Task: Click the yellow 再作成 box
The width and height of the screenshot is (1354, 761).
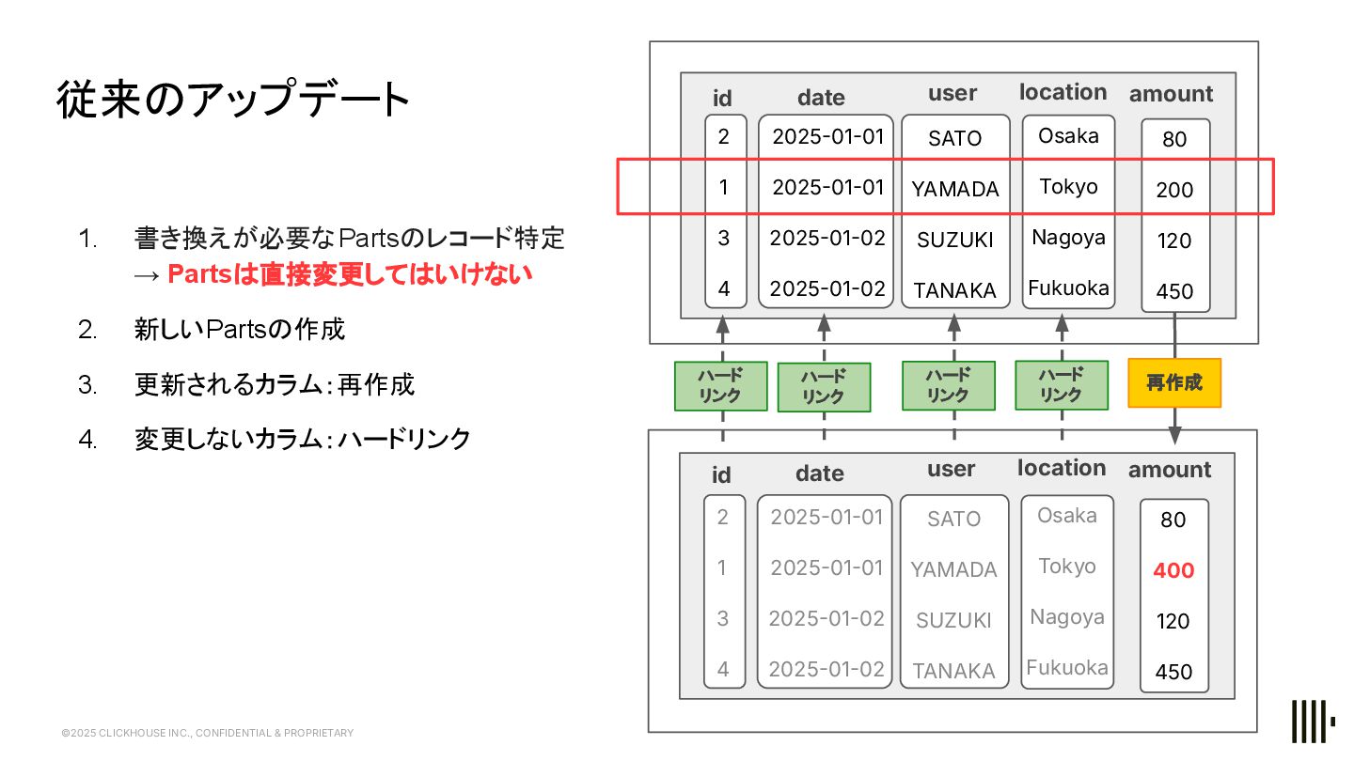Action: click(1174, 383)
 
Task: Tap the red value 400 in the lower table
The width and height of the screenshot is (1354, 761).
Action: click(1173, 570)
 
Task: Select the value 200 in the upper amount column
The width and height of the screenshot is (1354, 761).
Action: click(1174, 190)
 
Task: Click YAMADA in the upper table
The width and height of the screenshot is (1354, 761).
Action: click(954, 189)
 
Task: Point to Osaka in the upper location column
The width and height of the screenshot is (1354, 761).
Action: click(1068, 136)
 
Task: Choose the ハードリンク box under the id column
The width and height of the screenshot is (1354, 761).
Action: click(721, 386)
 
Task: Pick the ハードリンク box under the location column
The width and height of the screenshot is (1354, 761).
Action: click(1061, 385)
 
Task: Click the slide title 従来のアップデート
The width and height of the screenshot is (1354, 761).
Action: click(233, 101)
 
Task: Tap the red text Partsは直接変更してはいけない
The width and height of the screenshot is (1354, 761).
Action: click(350, 274)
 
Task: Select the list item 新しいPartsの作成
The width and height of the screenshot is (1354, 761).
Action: click(240, 329)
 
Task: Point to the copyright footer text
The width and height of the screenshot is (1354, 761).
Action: click(207, 733)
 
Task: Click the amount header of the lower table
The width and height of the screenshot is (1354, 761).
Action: click(1170, 470)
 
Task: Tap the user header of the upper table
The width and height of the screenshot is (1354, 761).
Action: click(953, 93)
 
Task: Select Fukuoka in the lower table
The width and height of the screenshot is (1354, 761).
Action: click(1067, 668)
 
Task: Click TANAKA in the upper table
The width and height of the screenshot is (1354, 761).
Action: click(954, 291)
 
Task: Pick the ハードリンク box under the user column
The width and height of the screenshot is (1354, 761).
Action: click(948, 386)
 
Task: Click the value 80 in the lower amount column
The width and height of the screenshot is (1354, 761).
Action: click(1173, 520)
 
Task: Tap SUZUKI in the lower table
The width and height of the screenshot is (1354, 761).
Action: click(953, 621)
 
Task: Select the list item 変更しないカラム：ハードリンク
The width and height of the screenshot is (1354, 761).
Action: click(302, 439)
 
